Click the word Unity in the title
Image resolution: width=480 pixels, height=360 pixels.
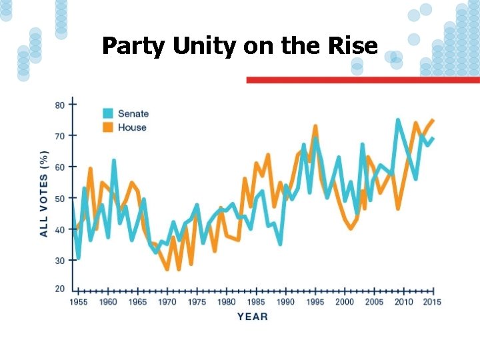coord(205,47)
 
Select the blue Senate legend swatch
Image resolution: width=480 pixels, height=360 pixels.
coord(108,113)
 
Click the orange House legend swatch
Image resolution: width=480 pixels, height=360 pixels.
coord(108,127)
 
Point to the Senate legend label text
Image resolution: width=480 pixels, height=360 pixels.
coord(133,113)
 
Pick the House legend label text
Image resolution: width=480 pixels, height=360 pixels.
coord(132,127)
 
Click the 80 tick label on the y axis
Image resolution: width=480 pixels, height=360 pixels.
coord(60,105)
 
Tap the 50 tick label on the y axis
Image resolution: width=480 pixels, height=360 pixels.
coord(60,199)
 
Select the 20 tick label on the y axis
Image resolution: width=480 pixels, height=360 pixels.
coord(60,289)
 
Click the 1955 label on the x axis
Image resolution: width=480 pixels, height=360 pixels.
coord(79,302)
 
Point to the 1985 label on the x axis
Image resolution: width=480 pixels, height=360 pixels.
coord(256,302)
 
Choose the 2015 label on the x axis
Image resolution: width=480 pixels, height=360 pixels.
coord(432,302)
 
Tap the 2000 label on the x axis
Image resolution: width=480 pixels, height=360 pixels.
coord(345,302)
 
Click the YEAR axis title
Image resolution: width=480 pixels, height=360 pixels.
coord(253,317)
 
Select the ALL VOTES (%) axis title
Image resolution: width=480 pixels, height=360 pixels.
coord(45,194)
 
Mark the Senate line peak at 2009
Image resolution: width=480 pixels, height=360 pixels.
coord(398,120)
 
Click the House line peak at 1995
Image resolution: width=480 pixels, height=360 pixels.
coord(315,126)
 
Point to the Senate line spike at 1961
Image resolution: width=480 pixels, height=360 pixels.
coord(114,160)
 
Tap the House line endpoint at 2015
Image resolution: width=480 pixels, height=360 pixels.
coord(433,120)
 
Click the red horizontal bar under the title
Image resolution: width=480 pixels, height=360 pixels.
coord(363,80)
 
